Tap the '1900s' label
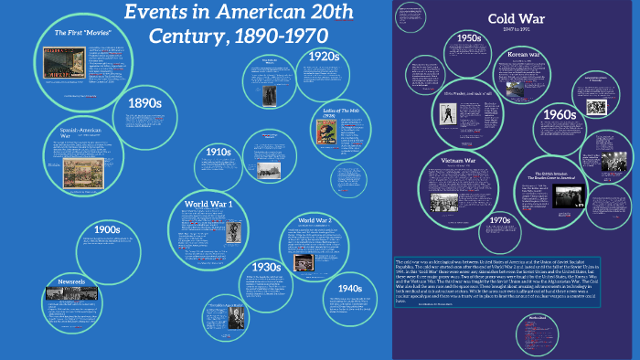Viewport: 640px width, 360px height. pyautogui.click(x=108, y=228)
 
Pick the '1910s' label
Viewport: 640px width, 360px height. pyautogui.click(x=218, y=152)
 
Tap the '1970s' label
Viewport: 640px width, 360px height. pyautogui.click(x=499, y=220)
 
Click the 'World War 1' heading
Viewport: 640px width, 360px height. pyautogui.click(x=208, y=203)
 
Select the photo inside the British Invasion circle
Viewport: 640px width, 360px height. pyautogui.click(x=562, y=196)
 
